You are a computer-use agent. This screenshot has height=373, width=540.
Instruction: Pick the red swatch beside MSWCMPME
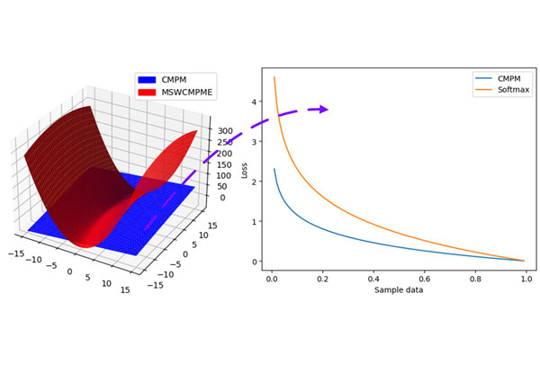[147, 93]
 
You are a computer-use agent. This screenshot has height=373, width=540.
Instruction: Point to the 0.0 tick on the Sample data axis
[272, 279]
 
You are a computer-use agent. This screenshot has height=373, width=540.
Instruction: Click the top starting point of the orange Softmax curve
[274, 77]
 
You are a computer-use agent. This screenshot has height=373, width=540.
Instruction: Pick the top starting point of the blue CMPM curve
[274, 169]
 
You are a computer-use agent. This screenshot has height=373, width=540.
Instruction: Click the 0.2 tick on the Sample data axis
[322, 279]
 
